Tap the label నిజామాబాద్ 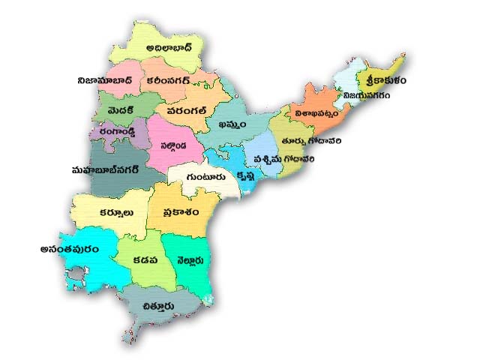105,79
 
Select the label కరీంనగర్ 174,79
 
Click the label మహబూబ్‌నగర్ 102,170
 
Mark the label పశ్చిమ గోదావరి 285,160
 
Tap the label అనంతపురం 70,249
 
